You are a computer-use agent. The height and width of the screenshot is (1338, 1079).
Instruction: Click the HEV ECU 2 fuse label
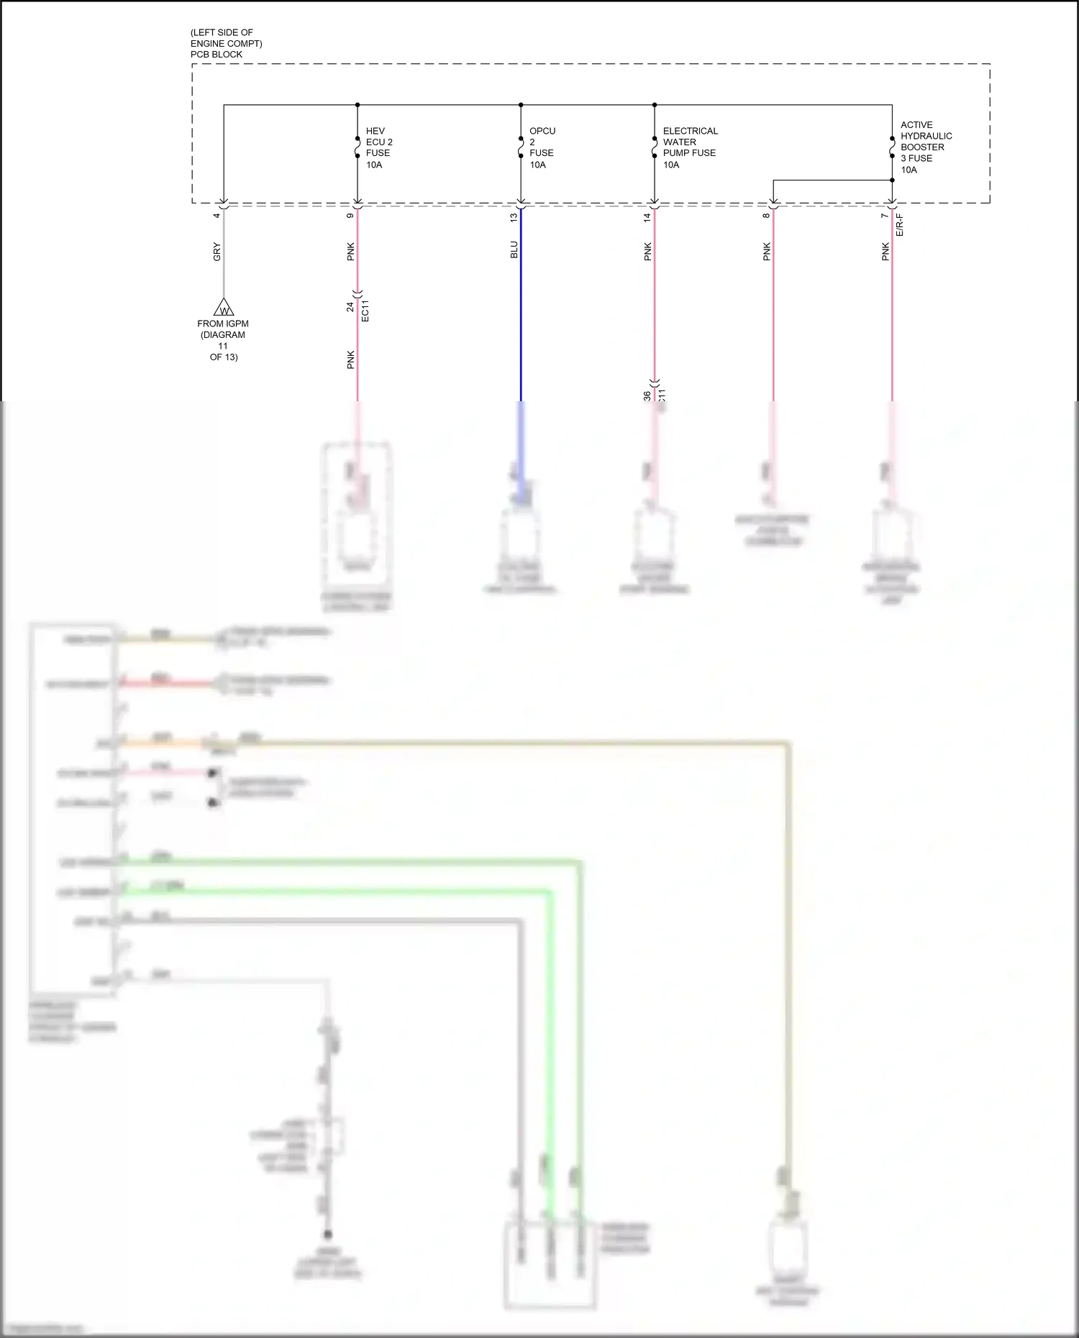[x=378, y=147]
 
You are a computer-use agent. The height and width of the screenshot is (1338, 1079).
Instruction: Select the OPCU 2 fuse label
[x=542, y=147]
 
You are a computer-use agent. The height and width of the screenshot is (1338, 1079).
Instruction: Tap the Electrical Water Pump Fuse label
[x=689, y=147]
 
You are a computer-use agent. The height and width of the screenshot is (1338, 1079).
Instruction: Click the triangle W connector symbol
[x=224, y=308]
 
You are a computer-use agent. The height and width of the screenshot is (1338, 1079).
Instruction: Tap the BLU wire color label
[x=514, y=249]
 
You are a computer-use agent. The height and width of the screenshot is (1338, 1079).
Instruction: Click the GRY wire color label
[x=217, y=252]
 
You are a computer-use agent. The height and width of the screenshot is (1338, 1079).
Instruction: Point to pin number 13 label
[x=514, y=216]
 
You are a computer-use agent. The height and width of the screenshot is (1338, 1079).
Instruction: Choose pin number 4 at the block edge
[x=217, y=215]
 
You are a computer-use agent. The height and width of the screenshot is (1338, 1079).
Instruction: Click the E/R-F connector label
[x=899, y=224]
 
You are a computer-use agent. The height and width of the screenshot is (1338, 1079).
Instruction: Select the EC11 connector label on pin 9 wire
[x=365, y=310]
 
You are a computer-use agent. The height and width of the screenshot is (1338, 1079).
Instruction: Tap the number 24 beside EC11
[x=350, y=306]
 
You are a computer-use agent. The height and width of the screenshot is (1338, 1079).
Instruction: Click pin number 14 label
[x=647, y=216]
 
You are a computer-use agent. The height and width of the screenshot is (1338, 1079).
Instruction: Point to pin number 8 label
[x=766, y=215]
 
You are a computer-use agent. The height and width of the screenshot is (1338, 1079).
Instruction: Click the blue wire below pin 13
[x=521, y=324]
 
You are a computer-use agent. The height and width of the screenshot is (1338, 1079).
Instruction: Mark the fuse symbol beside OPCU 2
[x=521, y=147]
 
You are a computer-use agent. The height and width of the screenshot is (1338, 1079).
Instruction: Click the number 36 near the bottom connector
[x=647, y=395]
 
